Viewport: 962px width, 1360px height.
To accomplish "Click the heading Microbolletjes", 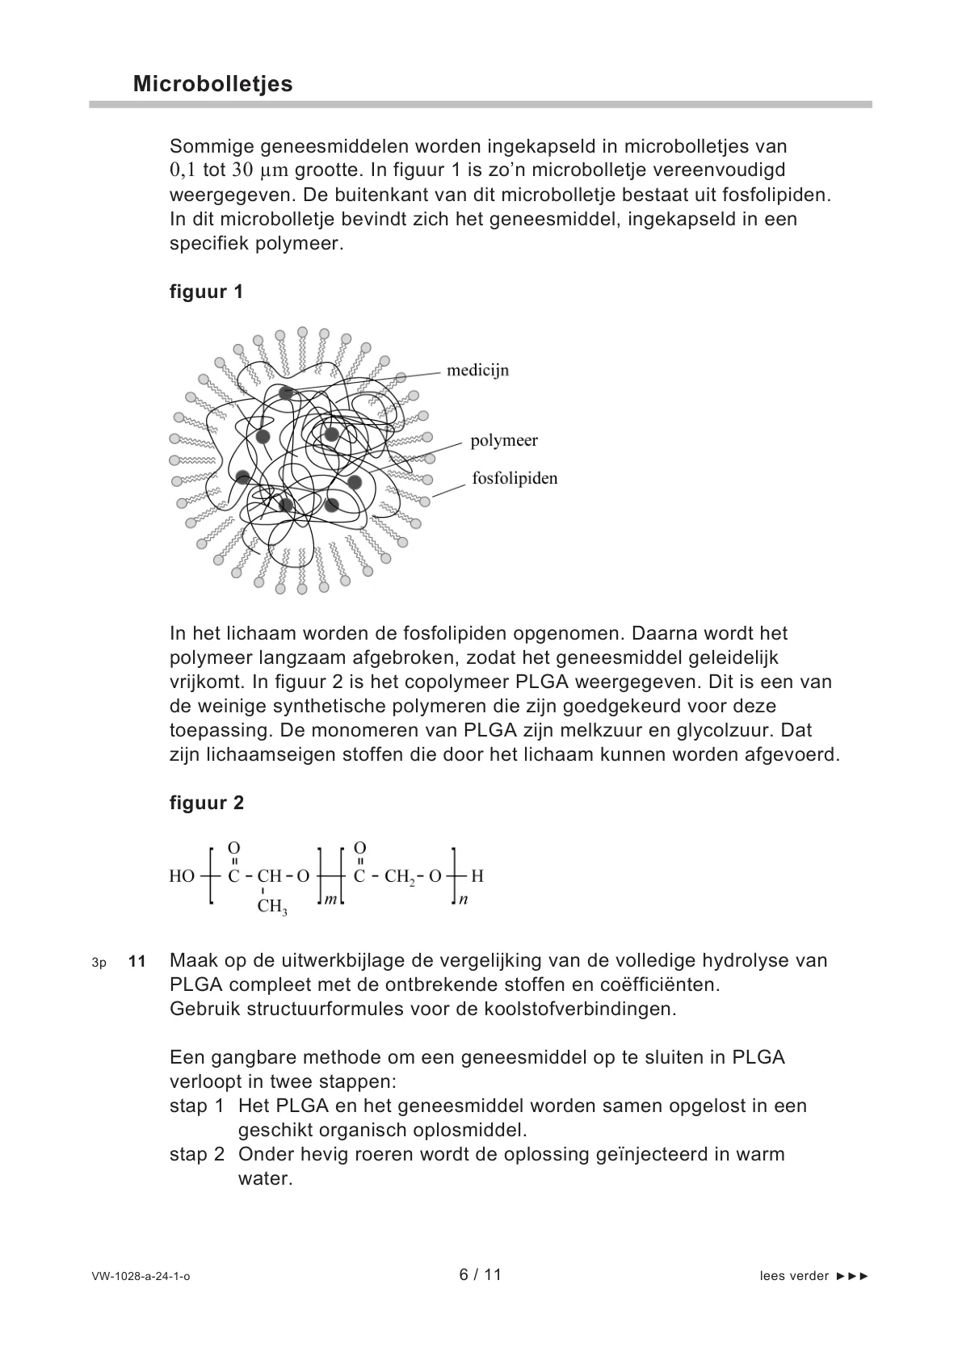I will pos(212,84).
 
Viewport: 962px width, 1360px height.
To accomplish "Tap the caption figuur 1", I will pos(206,292).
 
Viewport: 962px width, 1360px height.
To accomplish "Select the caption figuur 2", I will pos(206,803).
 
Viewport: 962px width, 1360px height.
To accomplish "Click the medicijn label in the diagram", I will pos(478,371).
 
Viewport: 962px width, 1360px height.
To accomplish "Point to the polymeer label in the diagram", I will pos(504,440).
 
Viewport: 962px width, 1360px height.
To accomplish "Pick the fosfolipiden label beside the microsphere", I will pos(515,478).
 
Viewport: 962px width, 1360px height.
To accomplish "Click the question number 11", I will pos(137,961).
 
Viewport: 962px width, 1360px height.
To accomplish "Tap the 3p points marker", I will pos(99,962).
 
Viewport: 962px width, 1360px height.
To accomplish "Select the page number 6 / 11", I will pos(481,1274).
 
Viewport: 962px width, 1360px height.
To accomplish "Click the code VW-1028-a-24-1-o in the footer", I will pos(141,1276).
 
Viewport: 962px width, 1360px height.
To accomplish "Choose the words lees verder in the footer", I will pos(794,1276).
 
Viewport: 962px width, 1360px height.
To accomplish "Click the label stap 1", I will pos(196,1106).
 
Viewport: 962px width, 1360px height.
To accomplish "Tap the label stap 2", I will pos(196,1154).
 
